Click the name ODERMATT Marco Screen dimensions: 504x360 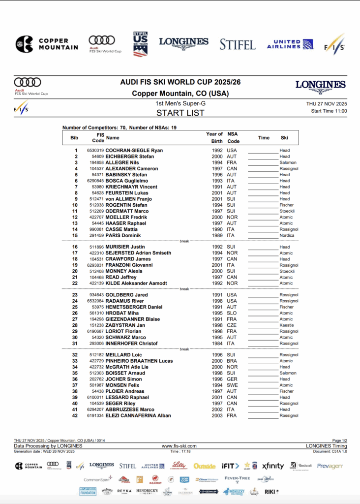click(127, 211)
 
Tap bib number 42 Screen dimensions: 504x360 click(75, 415)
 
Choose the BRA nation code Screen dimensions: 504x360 click(232, 361)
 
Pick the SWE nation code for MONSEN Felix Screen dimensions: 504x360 click(232, 385)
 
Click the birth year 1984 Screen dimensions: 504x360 click(217, 344)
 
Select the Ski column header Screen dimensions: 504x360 click(284, 138)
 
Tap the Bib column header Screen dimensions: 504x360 click(75, 138)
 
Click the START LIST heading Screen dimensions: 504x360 click(180, 113)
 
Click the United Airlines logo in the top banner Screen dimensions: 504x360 click(290, 44)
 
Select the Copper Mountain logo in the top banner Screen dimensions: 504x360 click(47, 44)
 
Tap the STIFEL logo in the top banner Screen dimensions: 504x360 click(238, 44)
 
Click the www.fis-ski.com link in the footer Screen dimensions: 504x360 click(179, 446)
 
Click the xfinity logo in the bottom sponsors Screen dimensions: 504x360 click(272, 466)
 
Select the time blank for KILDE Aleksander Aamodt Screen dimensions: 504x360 click(263, 283)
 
